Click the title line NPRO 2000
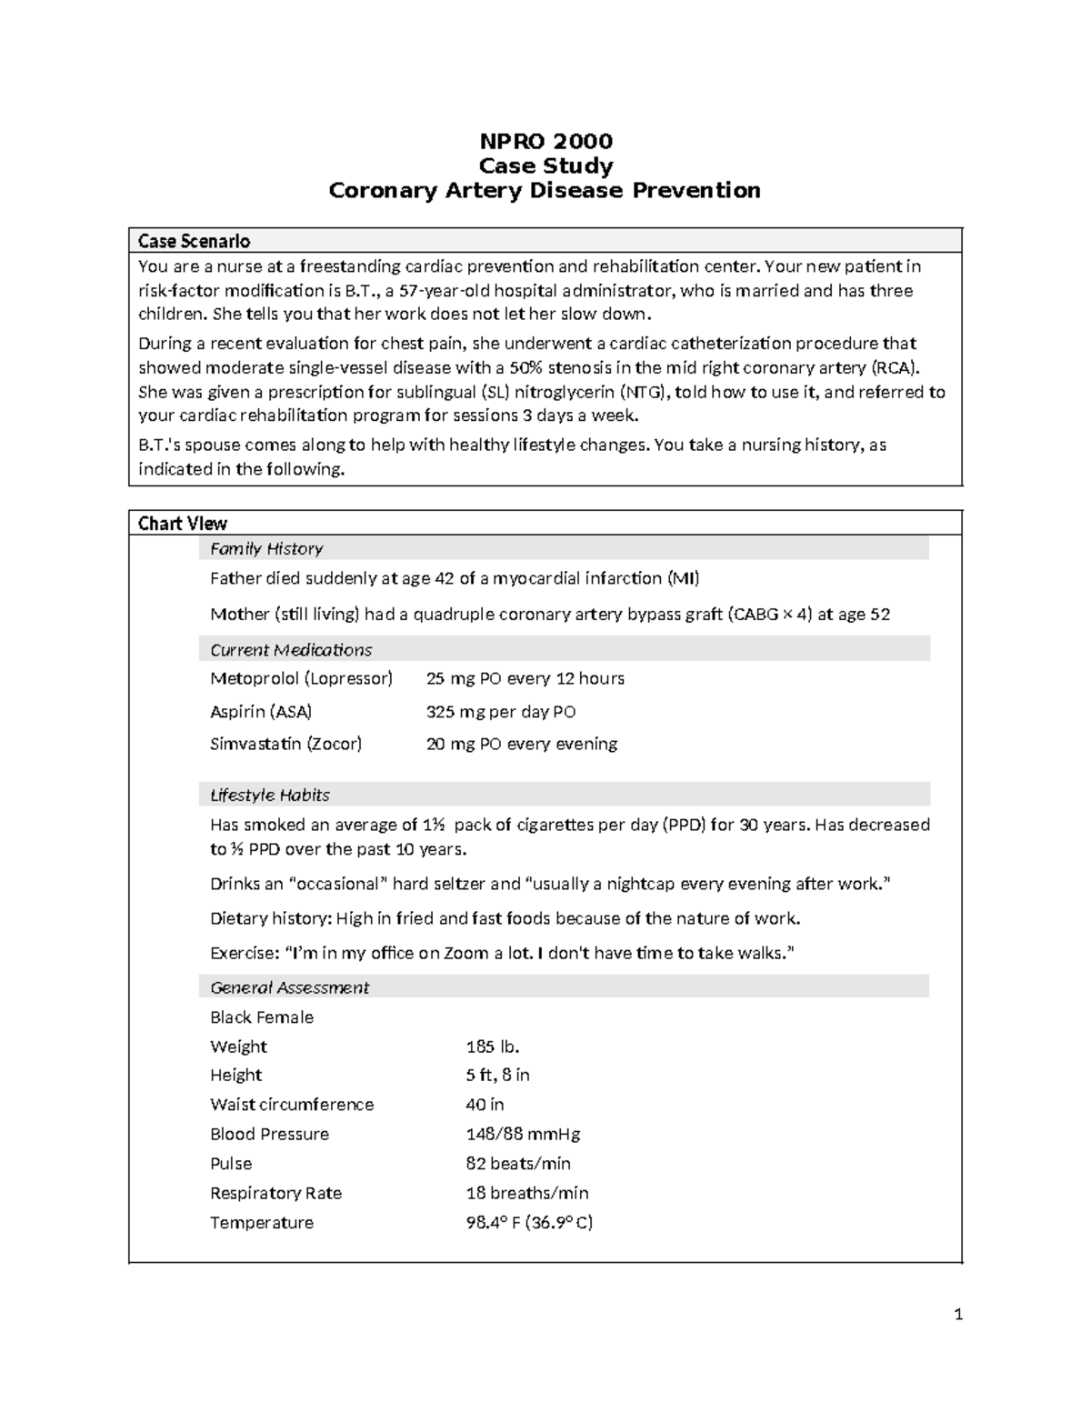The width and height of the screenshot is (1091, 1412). pos(545,141)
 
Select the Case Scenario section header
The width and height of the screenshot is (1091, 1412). pos(194,241)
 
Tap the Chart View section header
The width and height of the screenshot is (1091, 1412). pos(182,524)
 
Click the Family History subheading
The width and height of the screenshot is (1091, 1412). pos(266,549)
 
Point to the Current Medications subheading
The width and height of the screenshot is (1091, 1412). pos(291,650)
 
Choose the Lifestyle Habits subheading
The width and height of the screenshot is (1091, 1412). pos(270,796)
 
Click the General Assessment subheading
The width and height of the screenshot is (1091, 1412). pos(289,987)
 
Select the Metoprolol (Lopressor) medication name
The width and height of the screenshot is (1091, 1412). pos(301,678)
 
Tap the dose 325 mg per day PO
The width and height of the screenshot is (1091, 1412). pos(501,712)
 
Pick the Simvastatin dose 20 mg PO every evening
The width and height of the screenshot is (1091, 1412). pos(522,744)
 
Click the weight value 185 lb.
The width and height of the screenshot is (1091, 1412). pos(492,1046)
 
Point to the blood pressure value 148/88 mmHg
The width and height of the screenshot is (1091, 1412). pos(523,1134)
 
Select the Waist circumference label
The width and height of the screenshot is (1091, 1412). pos(292,1105)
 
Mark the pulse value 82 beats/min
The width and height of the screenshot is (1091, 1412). pos(518,1164)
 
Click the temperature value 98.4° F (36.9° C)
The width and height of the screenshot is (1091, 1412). pos(529,1223)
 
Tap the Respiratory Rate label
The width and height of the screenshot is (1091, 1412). pos(275,1193)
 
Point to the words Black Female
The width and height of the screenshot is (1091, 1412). pos(262,1017)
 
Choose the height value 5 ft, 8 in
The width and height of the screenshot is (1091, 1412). pos(497,1075)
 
